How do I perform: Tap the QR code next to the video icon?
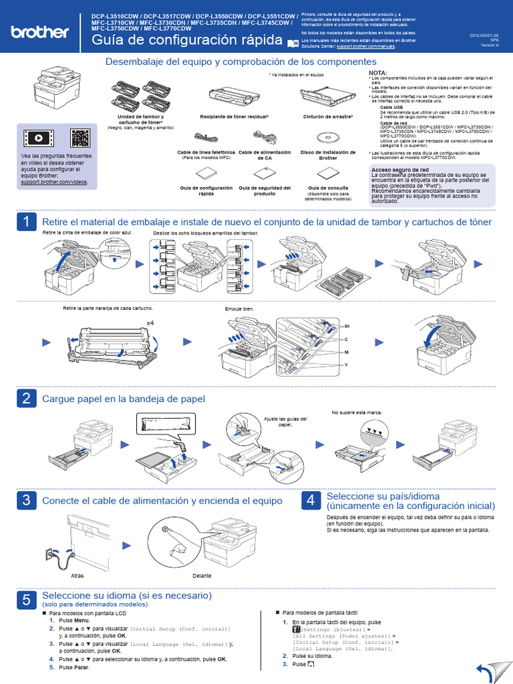coord(80,138)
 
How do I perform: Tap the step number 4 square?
coord(310,500)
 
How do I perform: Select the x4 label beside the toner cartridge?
coord(151,322)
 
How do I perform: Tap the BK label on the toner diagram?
coord(347,325)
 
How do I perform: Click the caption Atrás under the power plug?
coord(77,575)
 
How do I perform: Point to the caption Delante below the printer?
coord(202,575)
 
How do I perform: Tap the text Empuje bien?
coord(240,309)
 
